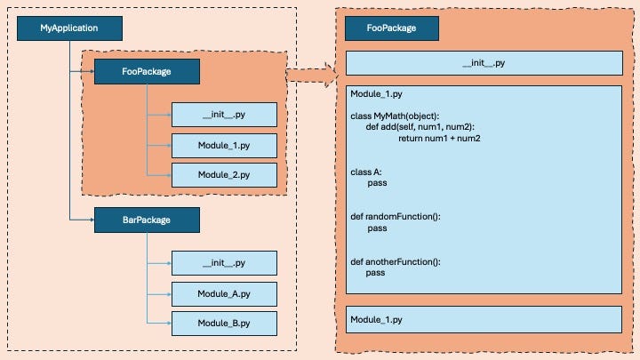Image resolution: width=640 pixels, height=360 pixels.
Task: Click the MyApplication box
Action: tap(69, 28)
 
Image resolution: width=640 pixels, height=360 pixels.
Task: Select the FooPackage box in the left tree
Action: tap(146, 71)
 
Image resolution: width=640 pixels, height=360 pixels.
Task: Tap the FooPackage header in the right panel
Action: tap(391, 28)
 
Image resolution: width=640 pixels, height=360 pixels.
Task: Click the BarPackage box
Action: tap(146, 219)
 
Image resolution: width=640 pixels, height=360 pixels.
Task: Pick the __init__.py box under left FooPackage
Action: tap(224, 115)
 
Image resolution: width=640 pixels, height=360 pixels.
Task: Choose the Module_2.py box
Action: tap(224, 174)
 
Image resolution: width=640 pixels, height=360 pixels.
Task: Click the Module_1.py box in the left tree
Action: tap(224, 145)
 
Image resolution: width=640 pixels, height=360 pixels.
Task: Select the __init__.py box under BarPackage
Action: tap(224, 263)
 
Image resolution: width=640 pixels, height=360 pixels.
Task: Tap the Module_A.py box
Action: tap(224, 293)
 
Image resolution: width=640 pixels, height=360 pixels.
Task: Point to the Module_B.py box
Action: tap(224, 323)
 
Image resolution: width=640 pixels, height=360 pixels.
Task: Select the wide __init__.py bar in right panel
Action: tap(484, 63)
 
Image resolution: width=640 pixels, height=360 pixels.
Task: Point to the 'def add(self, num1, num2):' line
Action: tap(421, 127)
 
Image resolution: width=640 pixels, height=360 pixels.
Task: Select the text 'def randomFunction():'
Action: tap(396, 216)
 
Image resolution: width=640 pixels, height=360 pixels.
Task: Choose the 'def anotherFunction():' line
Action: tap(396, 261)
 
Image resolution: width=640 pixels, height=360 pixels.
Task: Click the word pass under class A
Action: tap(377, 183)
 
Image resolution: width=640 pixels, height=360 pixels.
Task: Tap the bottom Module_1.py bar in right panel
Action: tap(484, 319)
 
